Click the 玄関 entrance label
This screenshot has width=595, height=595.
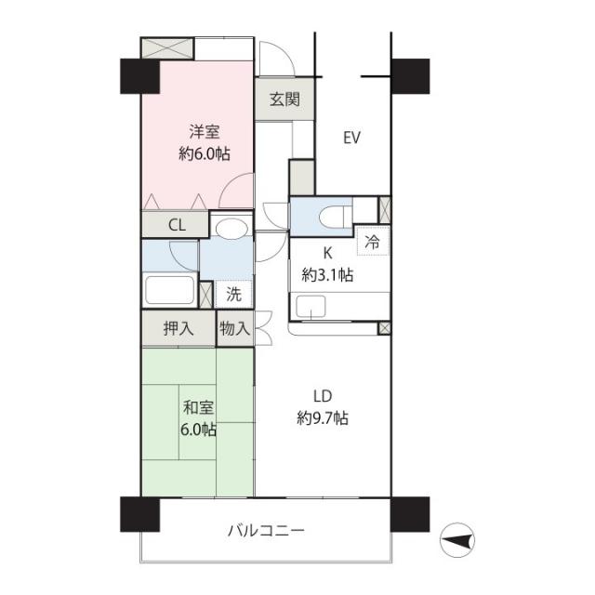(284, 99)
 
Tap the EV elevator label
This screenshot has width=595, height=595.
(351, 138)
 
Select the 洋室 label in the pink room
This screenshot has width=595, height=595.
(205, 132)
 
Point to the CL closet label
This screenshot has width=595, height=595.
(177, 225)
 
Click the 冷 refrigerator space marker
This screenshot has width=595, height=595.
(373, 242)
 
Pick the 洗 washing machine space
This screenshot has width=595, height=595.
(233, 294)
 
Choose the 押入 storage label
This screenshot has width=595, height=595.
(178, 328)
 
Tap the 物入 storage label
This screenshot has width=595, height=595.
(235, 328)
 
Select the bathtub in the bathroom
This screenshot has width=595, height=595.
(170, 290)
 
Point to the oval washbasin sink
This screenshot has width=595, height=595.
(231, 229)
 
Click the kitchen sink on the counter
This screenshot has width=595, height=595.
(311, 307)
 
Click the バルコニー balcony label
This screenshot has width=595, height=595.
(266, 530)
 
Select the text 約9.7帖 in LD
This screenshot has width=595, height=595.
(323, 418)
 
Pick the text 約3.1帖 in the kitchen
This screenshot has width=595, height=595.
(327, 275)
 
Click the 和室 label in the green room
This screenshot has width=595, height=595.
(198, 408)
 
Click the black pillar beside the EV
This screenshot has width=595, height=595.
(410, 76)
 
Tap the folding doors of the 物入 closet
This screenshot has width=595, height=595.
(264, 328)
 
